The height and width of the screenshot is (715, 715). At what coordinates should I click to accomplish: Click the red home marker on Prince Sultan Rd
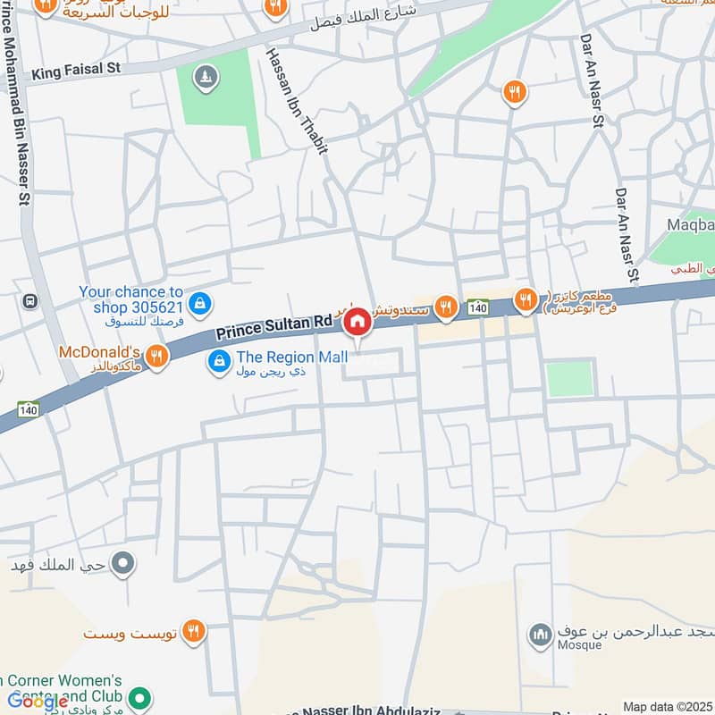click(357, 323)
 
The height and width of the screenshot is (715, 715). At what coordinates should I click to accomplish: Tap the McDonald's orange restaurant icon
click(156, 356)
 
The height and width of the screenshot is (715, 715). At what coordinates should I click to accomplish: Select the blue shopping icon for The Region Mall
click(217, 362)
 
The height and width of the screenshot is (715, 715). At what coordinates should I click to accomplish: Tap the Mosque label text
click(577, 646)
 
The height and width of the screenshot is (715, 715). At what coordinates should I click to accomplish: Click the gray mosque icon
click(539, 635)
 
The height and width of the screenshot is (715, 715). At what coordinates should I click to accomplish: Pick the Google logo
click(38, 702)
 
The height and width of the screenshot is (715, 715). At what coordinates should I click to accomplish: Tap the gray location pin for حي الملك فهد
click(125, 564)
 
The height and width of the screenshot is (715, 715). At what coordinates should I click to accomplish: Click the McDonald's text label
click(99, 352)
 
